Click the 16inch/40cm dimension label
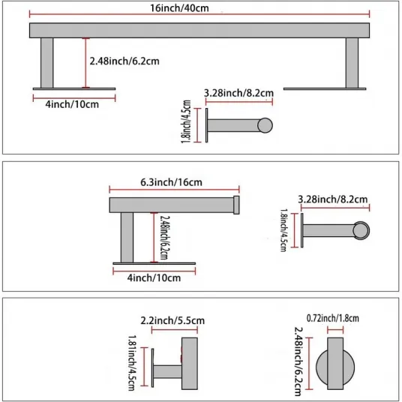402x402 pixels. pyautogui.click(x=179, y=8)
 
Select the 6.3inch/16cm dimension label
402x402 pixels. pyautogui.click(x=171, y=182)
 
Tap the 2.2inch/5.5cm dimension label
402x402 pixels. pyautogui.click(x=172, y=320)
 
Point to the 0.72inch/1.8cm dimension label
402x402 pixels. pyautogui.click(x=333, y=318)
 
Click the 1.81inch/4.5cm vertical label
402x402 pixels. pyautogui.click(x=132, y=362)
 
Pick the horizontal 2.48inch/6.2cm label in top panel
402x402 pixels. pyautogui.click(x=124, y=61)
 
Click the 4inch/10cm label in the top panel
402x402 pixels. pyautogui.click(x=72, y=104)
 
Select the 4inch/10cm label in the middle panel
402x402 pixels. pyautogui.click(x=154, y=277)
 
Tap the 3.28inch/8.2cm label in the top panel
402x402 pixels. pyautogui.click(x=238, y=93)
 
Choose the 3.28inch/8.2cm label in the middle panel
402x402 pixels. pyautogui.click(x=332, y=199)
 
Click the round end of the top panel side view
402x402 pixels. pyautogui.click(x=265, y=125)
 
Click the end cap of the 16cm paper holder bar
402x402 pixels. pyautogui.click(x=236, y=205)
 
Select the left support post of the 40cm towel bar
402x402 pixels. pyautogui.click(x=47, y=63)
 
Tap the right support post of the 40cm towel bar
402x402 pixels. pyautogui.click(x=352, y=63)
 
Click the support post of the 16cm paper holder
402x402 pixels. pyautogui.click(x=127, y=238)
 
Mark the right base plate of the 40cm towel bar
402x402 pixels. pyautogui.click(x=325, y=89)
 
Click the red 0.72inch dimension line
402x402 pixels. pyautogui.click(x=335, y=330)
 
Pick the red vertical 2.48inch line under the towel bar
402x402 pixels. pyautogui.click(x=86, y=63)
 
